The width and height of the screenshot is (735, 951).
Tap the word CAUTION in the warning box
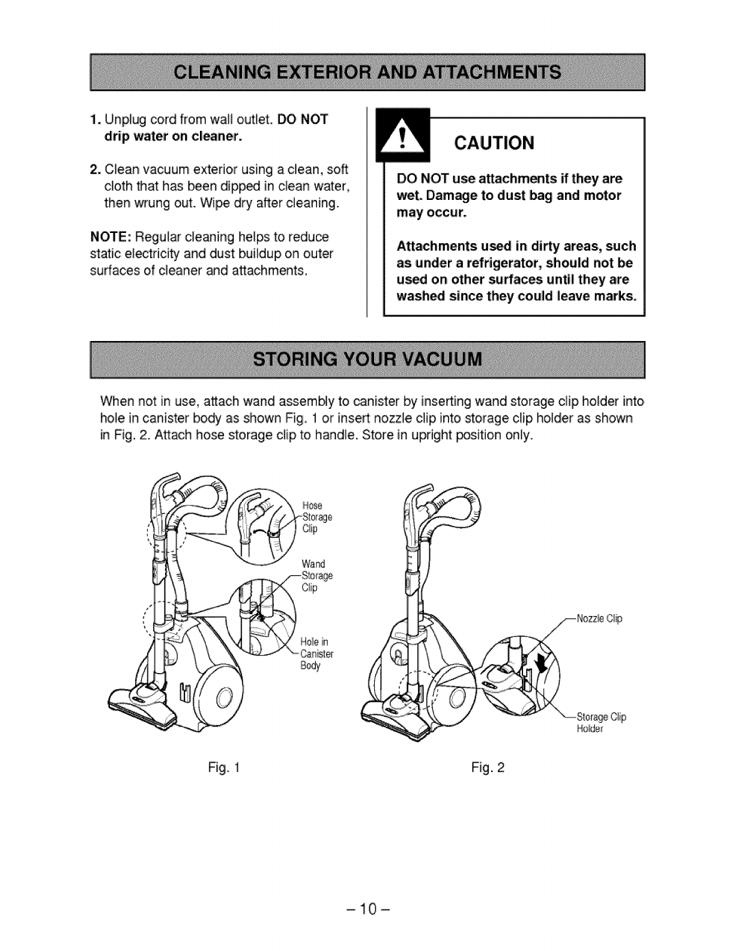click(x=494, y=143)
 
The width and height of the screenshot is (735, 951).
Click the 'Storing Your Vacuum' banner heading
click(x=367, y=360)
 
